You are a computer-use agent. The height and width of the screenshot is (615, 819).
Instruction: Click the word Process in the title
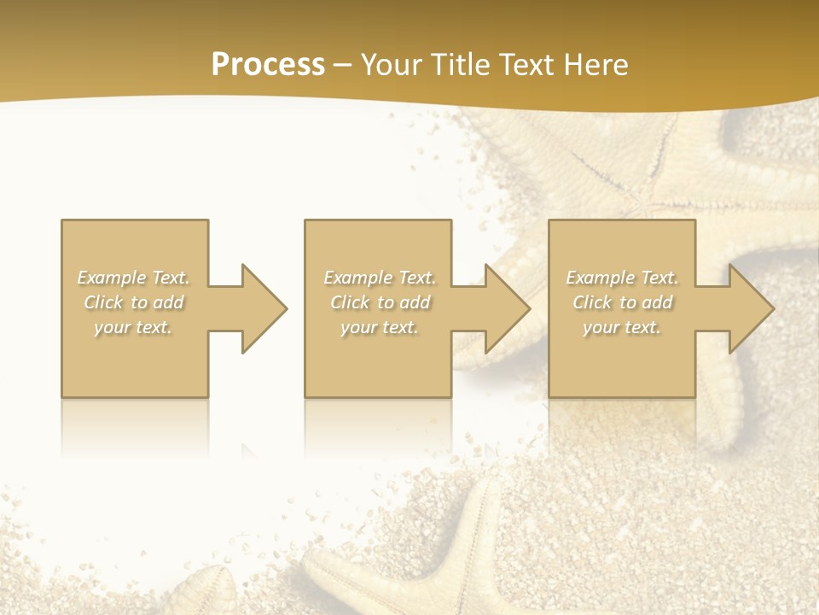tap(268, 65)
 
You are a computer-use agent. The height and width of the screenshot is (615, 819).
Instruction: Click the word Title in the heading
tap(461, 65)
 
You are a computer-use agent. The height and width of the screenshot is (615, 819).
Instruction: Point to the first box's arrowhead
tap(264, 308)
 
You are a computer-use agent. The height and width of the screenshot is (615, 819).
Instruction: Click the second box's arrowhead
tap(508, 308)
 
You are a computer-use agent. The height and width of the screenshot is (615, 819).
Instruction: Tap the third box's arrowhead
tap(752, 308)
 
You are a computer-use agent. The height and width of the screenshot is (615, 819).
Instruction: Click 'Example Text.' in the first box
tap(133, 278)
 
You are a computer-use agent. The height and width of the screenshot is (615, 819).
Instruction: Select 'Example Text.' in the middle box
tap(379, 278)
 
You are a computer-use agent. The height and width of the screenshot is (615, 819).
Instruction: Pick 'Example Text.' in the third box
tap(622, 278)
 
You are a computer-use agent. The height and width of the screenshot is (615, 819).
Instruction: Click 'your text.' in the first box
tap(133, 327)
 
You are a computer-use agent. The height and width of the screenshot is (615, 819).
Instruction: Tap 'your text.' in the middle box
tap(379, 327)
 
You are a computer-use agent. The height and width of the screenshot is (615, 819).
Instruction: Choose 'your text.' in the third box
tap(622, 327)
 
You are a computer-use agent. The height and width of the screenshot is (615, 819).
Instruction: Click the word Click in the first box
tap(103, 302)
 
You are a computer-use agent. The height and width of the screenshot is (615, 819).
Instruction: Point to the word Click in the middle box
tap(350, 302)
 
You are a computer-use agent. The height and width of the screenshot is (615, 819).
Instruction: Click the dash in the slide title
tap(343, 66)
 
